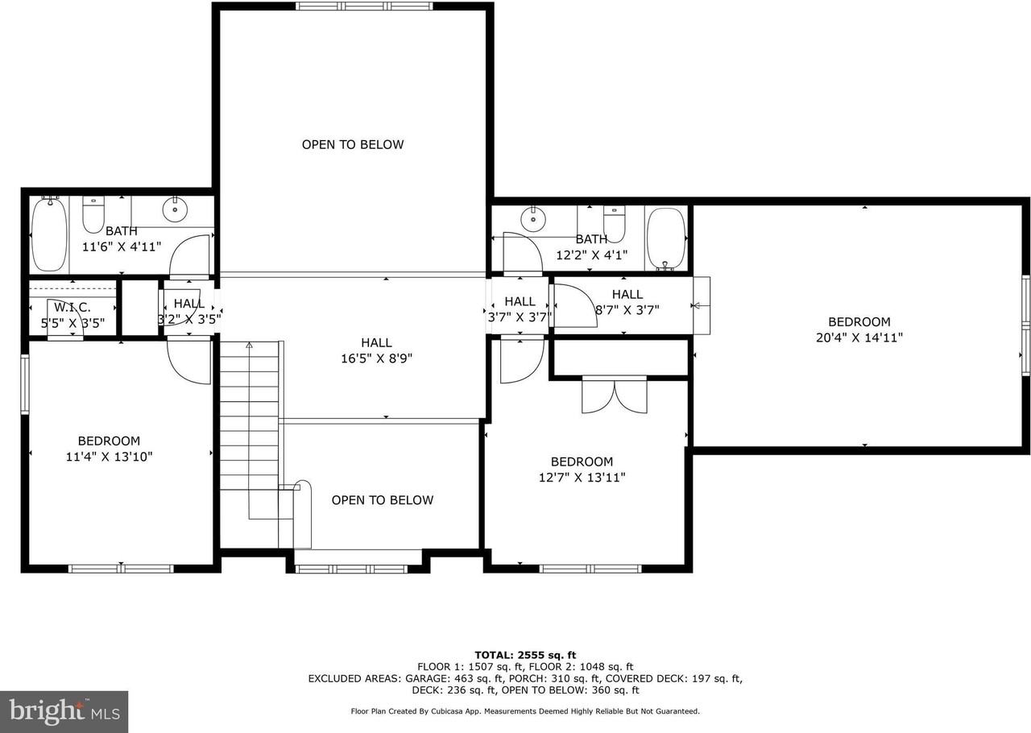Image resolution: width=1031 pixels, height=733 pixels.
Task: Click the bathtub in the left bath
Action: tap(49, 234)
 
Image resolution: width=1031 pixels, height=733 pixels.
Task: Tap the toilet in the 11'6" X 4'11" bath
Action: tap(93, 214)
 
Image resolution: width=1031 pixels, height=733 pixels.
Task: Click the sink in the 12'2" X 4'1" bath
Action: tap(532, 217)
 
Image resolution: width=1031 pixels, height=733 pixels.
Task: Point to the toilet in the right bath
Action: tap(615, 222)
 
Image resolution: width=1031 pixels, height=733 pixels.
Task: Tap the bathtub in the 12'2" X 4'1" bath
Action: tap(665, 238)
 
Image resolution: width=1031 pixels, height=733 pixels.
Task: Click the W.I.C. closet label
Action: tap(72, 307)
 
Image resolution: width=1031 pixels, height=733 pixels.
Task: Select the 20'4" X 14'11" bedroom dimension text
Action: tap(859, 338)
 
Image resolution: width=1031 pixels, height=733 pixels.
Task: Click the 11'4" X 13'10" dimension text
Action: tap(109, 457)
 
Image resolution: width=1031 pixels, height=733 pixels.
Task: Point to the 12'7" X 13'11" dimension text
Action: tap(582, 478)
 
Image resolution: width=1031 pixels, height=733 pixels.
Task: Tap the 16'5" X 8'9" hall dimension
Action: tap(376, 358)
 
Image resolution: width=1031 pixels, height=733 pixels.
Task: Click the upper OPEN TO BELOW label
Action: tap(353, 145)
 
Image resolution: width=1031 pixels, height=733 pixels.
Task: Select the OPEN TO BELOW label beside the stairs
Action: tap(383, 500)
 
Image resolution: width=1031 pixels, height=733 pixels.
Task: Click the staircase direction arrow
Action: tap(249, 346)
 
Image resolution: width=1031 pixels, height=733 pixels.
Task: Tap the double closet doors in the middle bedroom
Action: tap(614, 395)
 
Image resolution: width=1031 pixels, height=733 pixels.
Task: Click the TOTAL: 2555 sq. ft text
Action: tap(525, 655)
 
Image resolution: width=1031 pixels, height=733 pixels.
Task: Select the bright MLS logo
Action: tap(64, 712)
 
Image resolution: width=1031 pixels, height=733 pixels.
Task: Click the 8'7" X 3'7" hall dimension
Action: tap(627, 309)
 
